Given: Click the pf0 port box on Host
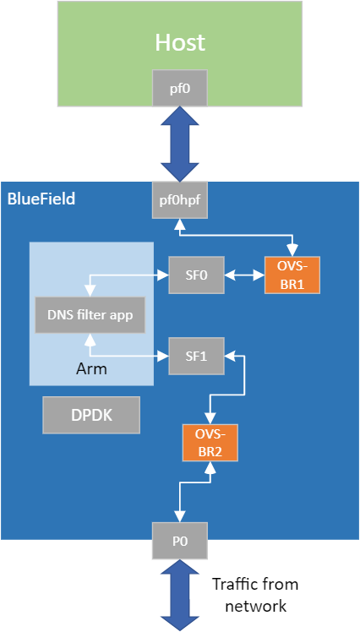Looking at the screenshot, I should coord(179,87).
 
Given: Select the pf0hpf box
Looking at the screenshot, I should coord(179,200).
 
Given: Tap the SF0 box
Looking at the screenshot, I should coord(197,275).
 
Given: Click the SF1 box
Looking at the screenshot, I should coord(197,357).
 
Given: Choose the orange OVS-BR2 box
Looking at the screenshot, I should coord(210,442).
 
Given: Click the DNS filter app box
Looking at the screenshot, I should coord(89,314).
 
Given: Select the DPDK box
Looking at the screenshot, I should coord(91,416).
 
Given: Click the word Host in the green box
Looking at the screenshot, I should coord(179,43).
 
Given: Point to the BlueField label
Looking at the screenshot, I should coord(41,199).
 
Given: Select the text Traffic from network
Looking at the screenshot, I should coord(254,595).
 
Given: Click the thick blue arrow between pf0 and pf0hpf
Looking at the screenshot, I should coord(179,144).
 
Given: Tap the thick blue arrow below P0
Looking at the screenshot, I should coord(179,596).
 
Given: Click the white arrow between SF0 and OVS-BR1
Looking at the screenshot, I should coord(245,275).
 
